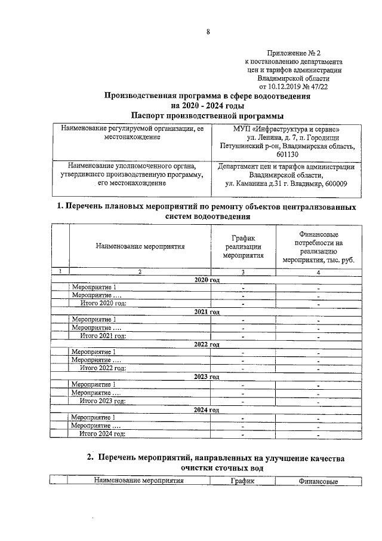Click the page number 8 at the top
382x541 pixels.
tap(208, 32)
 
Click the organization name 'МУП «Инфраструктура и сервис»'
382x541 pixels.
tap(286, 129)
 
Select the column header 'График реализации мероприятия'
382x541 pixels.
tap(243, 246)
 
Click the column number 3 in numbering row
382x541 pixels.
tap(243, 273)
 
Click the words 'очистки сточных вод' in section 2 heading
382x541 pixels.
tap(215, 468)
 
